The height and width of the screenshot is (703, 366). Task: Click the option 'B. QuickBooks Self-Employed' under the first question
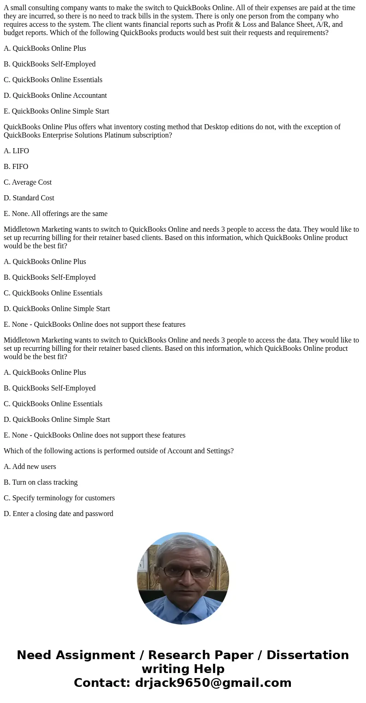[49, 64]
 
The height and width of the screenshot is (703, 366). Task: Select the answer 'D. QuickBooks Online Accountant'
[55, 96]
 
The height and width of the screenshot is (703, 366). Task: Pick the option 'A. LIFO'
[16, 151]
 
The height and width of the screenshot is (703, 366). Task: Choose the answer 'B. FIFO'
[16, 167]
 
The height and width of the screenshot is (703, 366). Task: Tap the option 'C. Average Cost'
[28, 182]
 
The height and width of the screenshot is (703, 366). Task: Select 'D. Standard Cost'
[29, 198]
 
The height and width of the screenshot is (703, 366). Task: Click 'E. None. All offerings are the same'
[55, 214]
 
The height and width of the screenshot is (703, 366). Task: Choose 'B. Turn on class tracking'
[41, 482]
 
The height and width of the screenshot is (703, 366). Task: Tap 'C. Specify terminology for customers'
[59, 498]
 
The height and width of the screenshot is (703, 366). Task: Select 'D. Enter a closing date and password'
[58, 514]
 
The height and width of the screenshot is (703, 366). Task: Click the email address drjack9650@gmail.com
[213, 683]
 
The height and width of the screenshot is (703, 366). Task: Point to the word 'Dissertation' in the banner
[307, 655]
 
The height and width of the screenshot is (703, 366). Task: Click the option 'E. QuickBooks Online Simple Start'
[56, 111]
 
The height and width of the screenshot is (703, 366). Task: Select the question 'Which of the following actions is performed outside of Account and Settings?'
[118, 451]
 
